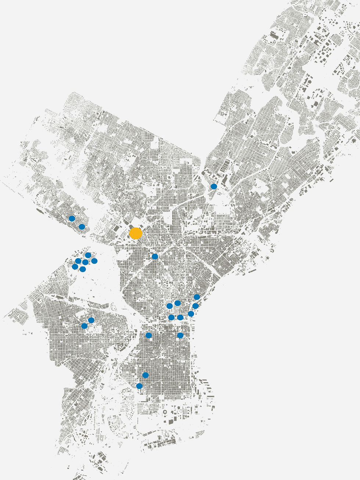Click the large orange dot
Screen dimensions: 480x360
click(x=136, y=234)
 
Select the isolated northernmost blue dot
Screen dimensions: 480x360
click(x=214, y=187)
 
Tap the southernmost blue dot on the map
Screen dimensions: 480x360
click(x=139, y=386)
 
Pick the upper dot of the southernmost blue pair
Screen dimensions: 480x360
click(x=145, y=375)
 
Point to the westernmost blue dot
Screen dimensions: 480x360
click(x=72, y=219)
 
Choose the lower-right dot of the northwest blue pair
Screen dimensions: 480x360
click(x=82, y=227)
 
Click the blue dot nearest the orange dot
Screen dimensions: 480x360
click(x=155, y=256)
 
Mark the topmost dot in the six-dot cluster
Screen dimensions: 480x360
click(x=88, y=255)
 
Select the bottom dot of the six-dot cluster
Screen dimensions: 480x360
click(x=83, y=269)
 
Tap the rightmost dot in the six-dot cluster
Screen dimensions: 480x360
click(x=94, y=261)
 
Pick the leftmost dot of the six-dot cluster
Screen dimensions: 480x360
click(x=75, y=267)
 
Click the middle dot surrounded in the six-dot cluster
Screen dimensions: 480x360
click(x=86, y=262)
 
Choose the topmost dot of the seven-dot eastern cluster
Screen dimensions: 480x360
click(x=197, y=297)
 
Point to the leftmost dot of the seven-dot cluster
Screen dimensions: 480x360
click(x=169, y=306)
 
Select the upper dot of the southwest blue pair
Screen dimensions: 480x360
click(x=91, y=320)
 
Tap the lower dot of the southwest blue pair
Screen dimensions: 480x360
click(x=84, y=326)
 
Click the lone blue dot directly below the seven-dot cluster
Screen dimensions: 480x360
click(x=180, y=335)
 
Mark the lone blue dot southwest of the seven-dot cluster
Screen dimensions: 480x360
click(x=148, y=335)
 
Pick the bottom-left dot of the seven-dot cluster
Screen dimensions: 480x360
click(x=171, y=317)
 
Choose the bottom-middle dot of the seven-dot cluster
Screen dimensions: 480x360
click(x=180, y=317)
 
